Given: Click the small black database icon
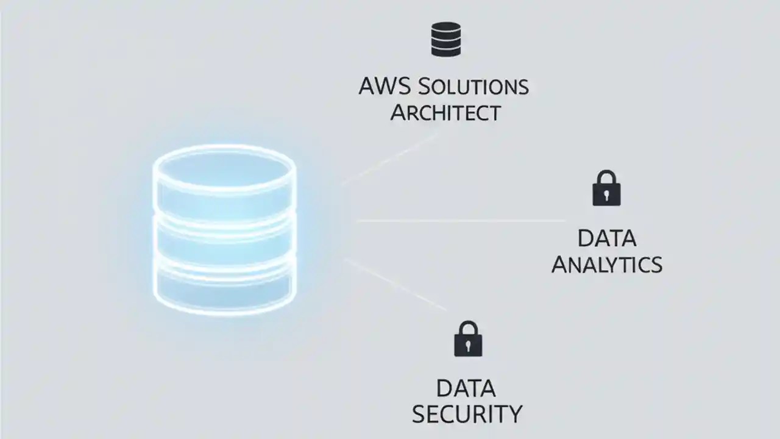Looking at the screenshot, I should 445,39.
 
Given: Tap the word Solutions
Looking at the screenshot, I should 473,87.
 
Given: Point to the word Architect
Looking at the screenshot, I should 445,113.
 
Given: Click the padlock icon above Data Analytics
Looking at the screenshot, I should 606,188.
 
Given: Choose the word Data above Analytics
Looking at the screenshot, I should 606,238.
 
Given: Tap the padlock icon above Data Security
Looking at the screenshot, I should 468,339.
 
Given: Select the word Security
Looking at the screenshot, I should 467,414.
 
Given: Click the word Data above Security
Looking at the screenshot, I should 466,388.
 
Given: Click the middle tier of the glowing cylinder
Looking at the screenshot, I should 225,238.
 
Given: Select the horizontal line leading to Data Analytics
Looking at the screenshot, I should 460,220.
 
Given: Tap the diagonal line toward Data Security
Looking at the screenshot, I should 396,284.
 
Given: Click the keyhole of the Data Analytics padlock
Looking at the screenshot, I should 606,195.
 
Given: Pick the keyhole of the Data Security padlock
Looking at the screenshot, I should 468,346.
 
